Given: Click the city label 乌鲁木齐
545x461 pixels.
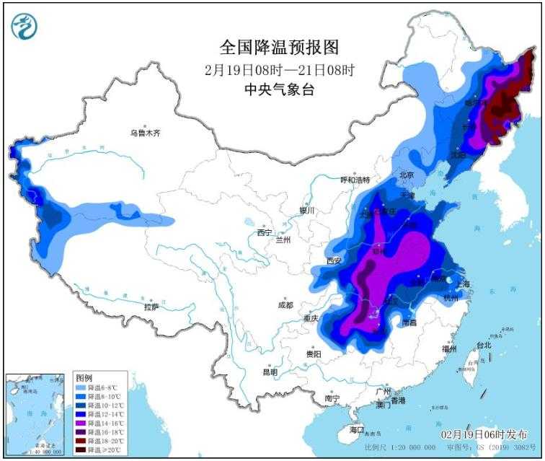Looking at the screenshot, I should coord(145,133).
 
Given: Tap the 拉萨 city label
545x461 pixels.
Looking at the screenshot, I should coord(151,307).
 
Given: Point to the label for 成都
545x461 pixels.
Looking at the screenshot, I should coord(285,305).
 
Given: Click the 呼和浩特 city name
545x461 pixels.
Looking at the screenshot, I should coord(355,180).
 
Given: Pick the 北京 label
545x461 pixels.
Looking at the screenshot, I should coord(407,175).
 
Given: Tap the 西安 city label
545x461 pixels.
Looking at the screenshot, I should coord(332,261).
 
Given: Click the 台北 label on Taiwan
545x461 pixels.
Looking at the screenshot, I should coord(482,346).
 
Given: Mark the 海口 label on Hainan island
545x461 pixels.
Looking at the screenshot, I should coord(356,430).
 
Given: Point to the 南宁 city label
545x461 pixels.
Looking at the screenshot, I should coord(332,398).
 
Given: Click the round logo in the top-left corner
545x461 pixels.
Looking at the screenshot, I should coord(25,27).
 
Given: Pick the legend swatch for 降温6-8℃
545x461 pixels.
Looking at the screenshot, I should coord(80,387).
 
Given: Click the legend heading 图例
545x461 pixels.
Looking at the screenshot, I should coord(84,378).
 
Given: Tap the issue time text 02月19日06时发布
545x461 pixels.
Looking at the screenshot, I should coord(483,434).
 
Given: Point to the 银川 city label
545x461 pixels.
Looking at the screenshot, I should coord(308,211).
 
